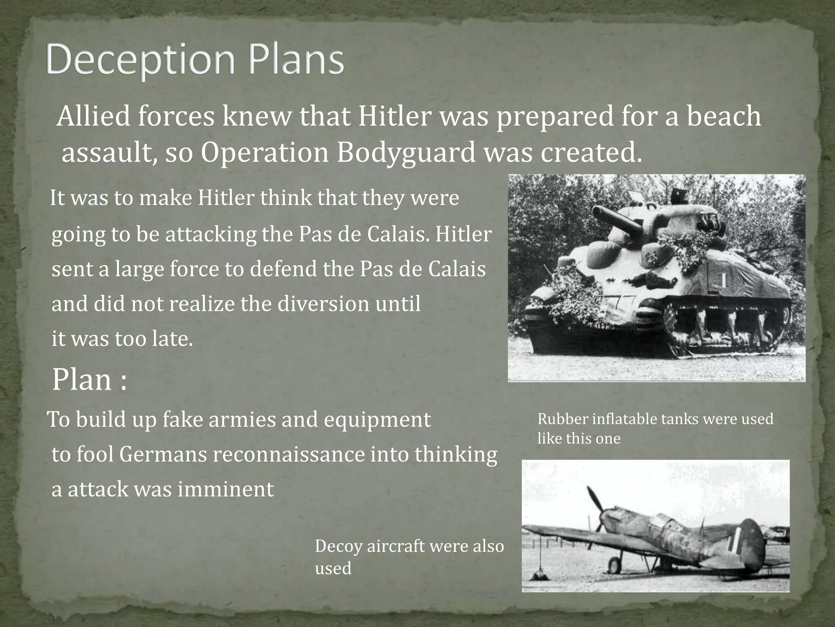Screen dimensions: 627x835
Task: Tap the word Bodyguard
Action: [x=406, y=152]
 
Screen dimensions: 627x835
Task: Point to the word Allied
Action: [x=93, y=116]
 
